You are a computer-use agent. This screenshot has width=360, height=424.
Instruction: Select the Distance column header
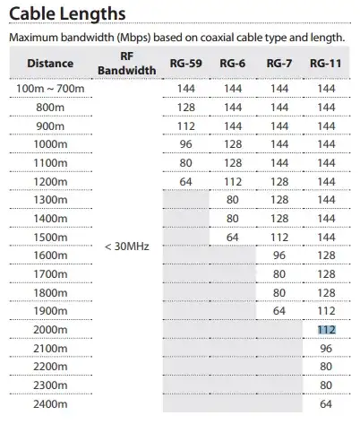50,65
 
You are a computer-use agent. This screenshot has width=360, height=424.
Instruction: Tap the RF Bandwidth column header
121,65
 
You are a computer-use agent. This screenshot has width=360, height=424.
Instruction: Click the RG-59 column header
185,65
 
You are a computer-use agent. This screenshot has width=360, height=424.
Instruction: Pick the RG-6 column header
232,65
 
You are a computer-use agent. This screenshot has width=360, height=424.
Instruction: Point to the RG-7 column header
279,65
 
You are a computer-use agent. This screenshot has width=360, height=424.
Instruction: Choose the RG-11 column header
326,65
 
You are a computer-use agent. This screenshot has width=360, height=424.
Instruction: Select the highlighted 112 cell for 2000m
326,329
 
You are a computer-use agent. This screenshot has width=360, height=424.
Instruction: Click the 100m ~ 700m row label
50,90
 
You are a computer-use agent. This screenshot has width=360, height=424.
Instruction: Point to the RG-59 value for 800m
185,107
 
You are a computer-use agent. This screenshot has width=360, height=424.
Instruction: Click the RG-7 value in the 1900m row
279,311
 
